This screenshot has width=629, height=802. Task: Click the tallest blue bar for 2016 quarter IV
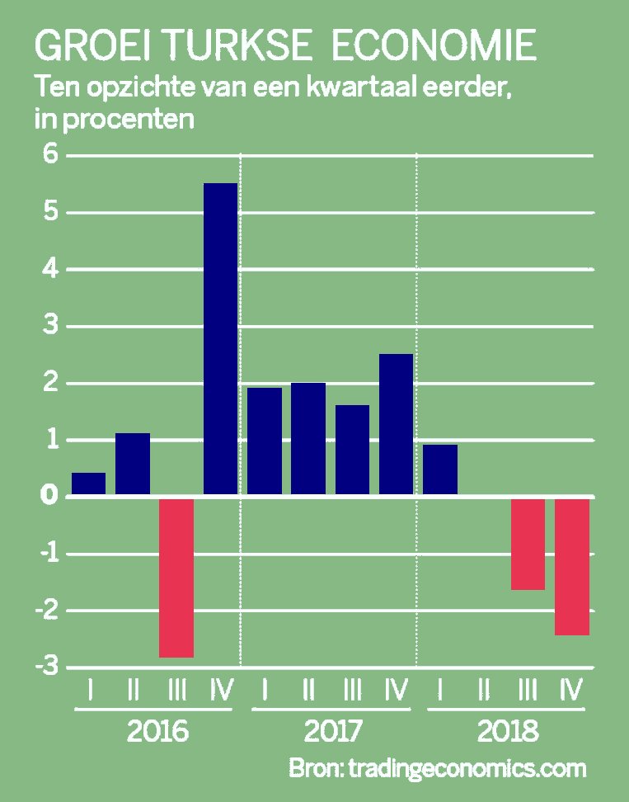pyautogui.click(x=220, y=339)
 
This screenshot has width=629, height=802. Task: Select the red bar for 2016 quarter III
pyautogui.click(x=176, y=577)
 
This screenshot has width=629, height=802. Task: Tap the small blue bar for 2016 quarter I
pyautogui.click(x=89, y=484)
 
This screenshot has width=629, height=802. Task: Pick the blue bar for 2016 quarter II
pyautogui.click(x=133, y=465)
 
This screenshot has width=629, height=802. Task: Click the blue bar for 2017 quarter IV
pyautogui.click(x=396, y=425)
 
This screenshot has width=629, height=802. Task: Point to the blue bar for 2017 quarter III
pyautogui.click(x=352, y=451)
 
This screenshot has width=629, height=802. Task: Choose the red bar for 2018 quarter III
pyautogui.click(x=528, y=544)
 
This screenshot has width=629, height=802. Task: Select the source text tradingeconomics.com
pyautogui.click(x=467, y=768)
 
